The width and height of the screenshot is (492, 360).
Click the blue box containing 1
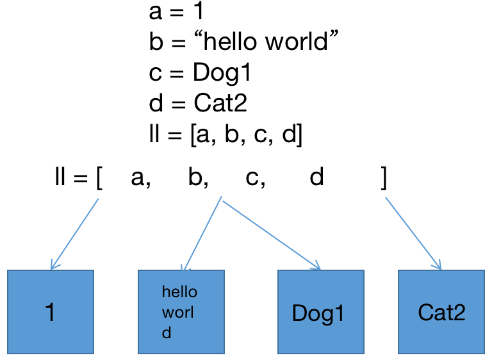(x=51, y=312)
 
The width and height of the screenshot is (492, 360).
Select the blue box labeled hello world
(x=181, y=312)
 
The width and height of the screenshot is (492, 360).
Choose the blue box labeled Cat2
(x=441, y=312)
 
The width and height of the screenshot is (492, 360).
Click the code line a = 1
(x=176, y=12)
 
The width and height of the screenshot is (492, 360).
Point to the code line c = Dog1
(x=200, y=73)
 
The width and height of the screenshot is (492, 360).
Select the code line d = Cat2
(x=197, y=103)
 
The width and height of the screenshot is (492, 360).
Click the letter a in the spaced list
(x=139, y=179)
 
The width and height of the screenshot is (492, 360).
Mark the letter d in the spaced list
(x=316, y=179)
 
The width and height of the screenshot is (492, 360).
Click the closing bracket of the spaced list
(x=383, y=179)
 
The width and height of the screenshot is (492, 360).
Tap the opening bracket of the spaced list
(x=99, y=179)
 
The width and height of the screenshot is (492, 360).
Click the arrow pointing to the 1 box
(x=74, y=234)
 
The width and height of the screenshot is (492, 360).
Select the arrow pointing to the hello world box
(x=202, y=234)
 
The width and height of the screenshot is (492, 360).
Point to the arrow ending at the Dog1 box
(x=271, y=233)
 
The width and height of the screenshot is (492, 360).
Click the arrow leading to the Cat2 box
(x=413, y=234)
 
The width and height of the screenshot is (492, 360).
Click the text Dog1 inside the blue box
(x=318, y=313)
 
